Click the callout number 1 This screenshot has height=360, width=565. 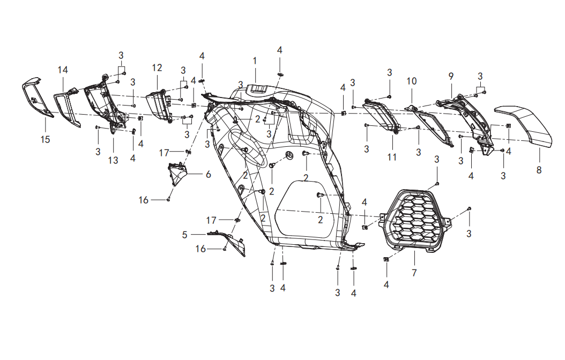(x=255, y=61)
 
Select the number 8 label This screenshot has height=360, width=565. (x=539, y=170)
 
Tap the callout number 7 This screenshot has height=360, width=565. (x=414, y=273)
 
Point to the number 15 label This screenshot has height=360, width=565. (x=45, y=139)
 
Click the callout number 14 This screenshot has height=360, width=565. (x=63, y=70)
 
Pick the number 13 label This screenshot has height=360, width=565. (x=113, y=160)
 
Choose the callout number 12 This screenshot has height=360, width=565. (x=157, y=67)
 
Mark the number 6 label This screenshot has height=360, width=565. (x=209, y=174)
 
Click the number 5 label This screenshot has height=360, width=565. (x=184, y=235)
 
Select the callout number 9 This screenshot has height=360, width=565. (x=451, y=76)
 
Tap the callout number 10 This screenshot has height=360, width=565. (x=412, y=81)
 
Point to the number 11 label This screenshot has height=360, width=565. (x=392, y=157)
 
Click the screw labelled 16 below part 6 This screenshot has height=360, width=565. (x=168, y=199)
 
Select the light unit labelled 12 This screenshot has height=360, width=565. (x=159, y=106)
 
